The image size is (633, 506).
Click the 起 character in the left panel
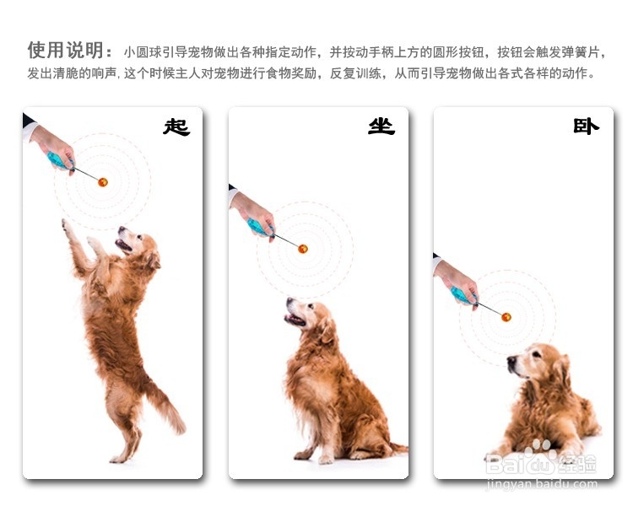(x=176, y=127)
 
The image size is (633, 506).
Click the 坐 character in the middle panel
(x=381, y=126)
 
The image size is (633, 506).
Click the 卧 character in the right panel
(x=586, y=126)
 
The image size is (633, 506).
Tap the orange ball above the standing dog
(x=103, y=181)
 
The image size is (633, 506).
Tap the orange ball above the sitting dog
(x=303, y=248)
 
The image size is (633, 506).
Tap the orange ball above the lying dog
(x=506, y=316)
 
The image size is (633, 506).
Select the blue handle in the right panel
(x=460, y=294)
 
